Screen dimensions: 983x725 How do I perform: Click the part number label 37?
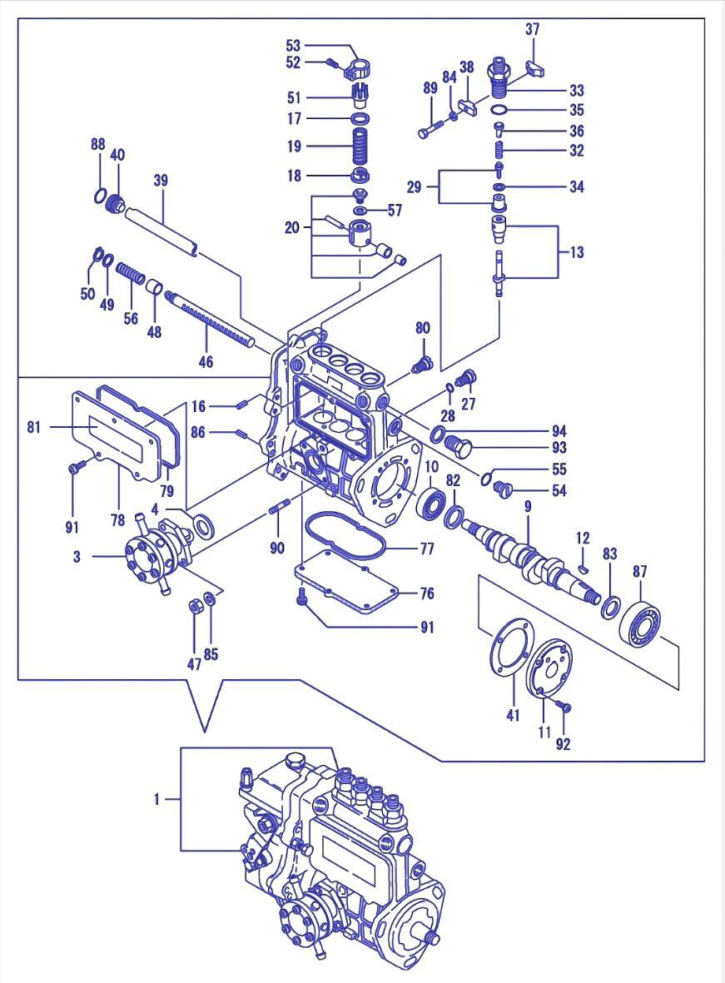pos(532,29)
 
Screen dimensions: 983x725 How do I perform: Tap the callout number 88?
pos(98,144)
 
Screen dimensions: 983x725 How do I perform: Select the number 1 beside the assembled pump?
pos(156,799)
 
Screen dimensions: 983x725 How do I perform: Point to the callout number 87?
pos(639,571)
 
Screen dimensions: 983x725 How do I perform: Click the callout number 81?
pos(34,427)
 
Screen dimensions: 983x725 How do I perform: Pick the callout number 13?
pos(577,251)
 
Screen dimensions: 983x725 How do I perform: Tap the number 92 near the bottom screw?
pos(564,744)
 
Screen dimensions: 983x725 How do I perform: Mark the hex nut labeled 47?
pos(194,606)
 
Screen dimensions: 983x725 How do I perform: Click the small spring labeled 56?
pos(132,274)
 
